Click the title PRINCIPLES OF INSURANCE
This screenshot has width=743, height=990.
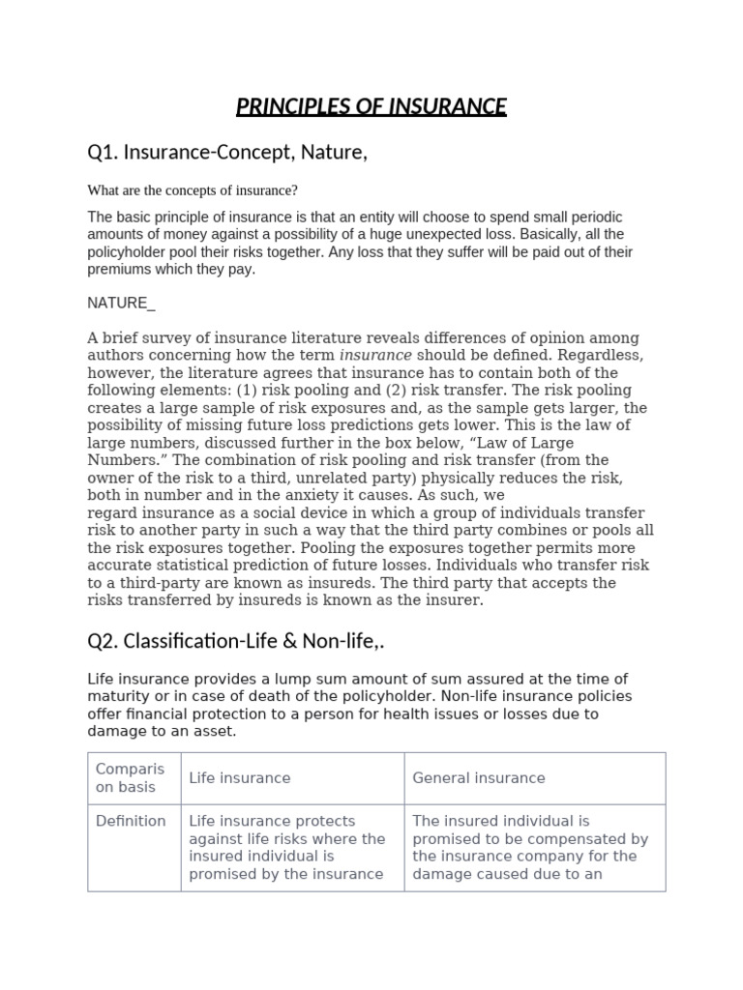371,105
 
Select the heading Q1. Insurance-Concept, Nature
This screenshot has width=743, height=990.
227,153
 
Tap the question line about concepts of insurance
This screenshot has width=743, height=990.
193,190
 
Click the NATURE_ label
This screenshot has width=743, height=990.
121,304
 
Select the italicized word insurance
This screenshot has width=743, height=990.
375,356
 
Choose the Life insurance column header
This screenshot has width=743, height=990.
239,778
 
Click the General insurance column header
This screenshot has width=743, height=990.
479,778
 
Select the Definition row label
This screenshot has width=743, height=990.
131,821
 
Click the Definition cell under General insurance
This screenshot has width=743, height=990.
530,847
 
